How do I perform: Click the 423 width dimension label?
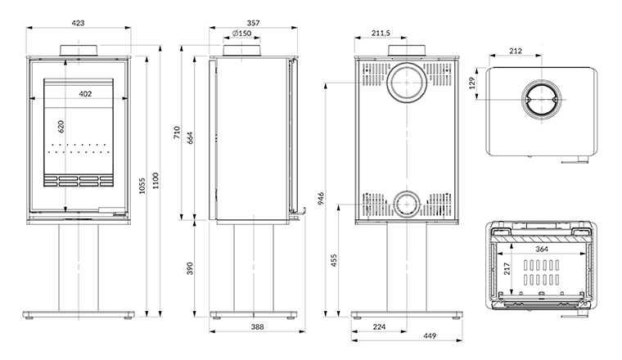tap(79, 23)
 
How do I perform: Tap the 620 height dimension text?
tap(60, 127)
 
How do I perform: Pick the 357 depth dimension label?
tap(252, 23)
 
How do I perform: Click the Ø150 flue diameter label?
tap(241, 34)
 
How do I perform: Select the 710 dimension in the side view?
tap(175, 133)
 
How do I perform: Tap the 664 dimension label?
tap(189, 138)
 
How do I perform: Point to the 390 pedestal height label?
tap(189, 268)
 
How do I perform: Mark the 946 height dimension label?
tap(321, 197)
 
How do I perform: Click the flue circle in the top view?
tap(539, 101)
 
